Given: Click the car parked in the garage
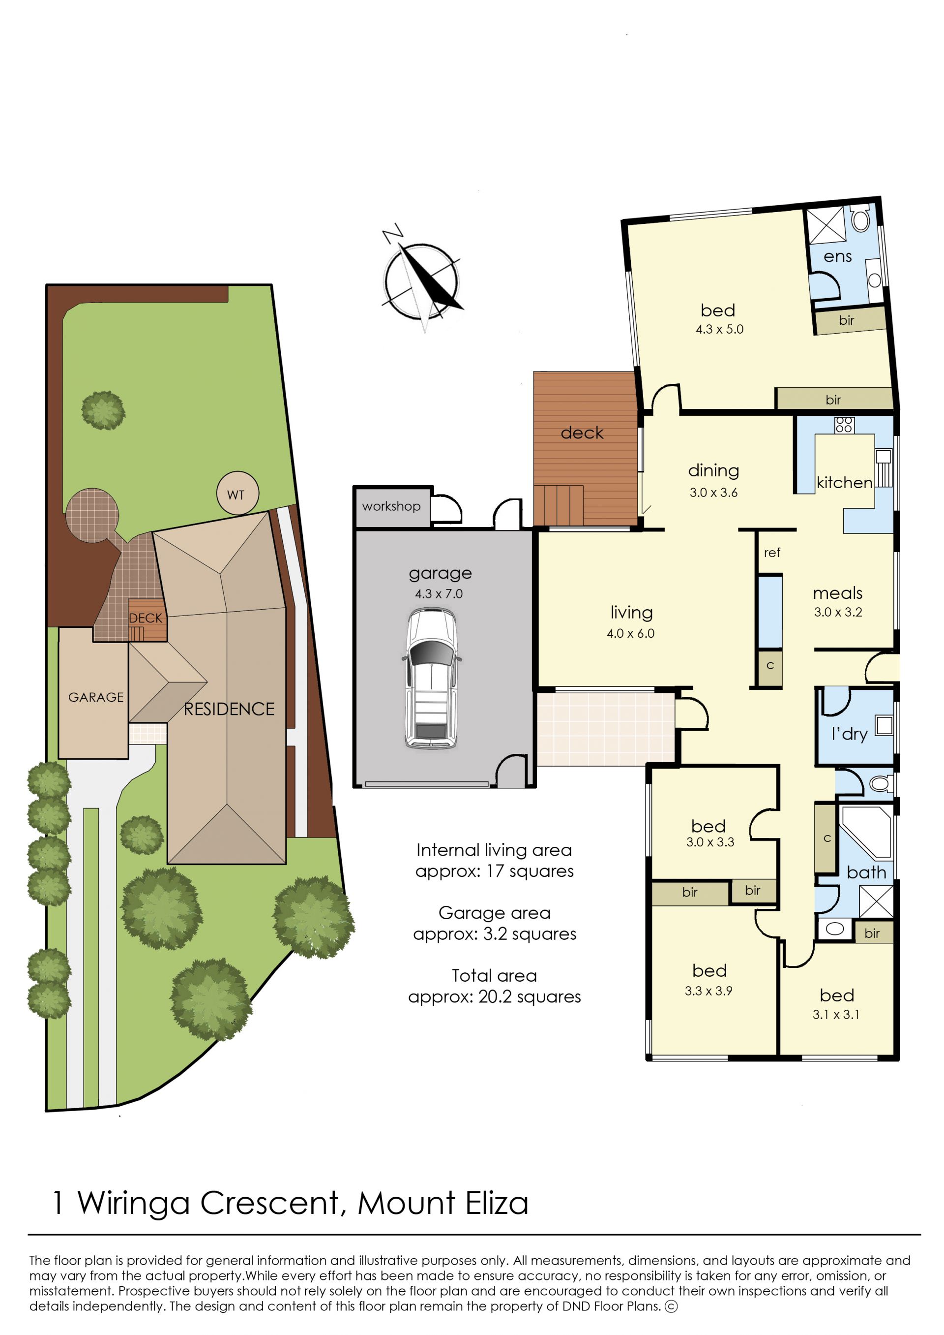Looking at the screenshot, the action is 431,677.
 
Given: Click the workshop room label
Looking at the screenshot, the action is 391,506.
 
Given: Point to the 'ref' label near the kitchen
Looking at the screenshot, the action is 772,553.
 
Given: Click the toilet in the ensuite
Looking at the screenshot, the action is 860,219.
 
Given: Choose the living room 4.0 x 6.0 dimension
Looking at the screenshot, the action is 631,633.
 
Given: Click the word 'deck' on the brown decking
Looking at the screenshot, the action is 582,433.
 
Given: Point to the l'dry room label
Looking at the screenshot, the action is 849,734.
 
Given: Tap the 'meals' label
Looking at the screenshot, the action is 838,593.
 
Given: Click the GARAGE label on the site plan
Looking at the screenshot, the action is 96,697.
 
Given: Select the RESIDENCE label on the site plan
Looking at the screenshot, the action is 229,709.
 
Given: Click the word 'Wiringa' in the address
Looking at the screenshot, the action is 134,1204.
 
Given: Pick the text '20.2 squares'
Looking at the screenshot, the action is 530,997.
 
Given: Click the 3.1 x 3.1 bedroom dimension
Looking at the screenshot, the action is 836,1015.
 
